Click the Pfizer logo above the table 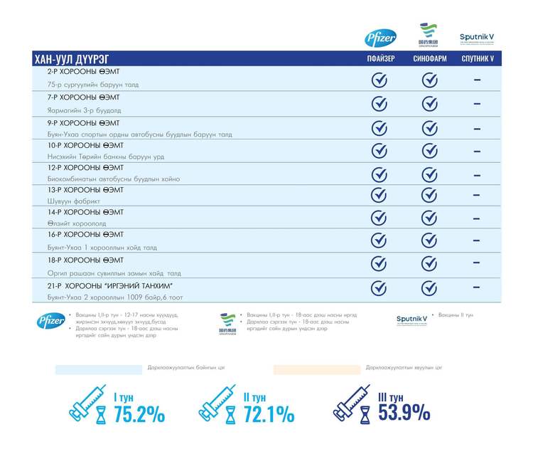(380, 38)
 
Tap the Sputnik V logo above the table (477, 38)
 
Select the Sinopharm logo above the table (429, 35)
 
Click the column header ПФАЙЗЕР (380, 58)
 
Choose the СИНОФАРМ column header (429, 58)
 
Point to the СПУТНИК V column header (477, 58)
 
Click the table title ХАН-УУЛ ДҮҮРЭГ (72, 58)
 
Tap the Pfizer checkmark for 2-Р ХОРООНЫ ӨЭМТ (380, 80)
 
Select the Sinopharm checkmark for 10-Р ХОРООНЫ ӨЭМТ (429, 151)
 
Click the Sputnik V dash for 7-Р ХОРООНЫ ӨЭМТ (477, 103)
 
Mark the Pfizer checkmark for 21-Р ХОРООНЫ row (380, 288)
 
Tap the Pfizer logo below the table (50, 322)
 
